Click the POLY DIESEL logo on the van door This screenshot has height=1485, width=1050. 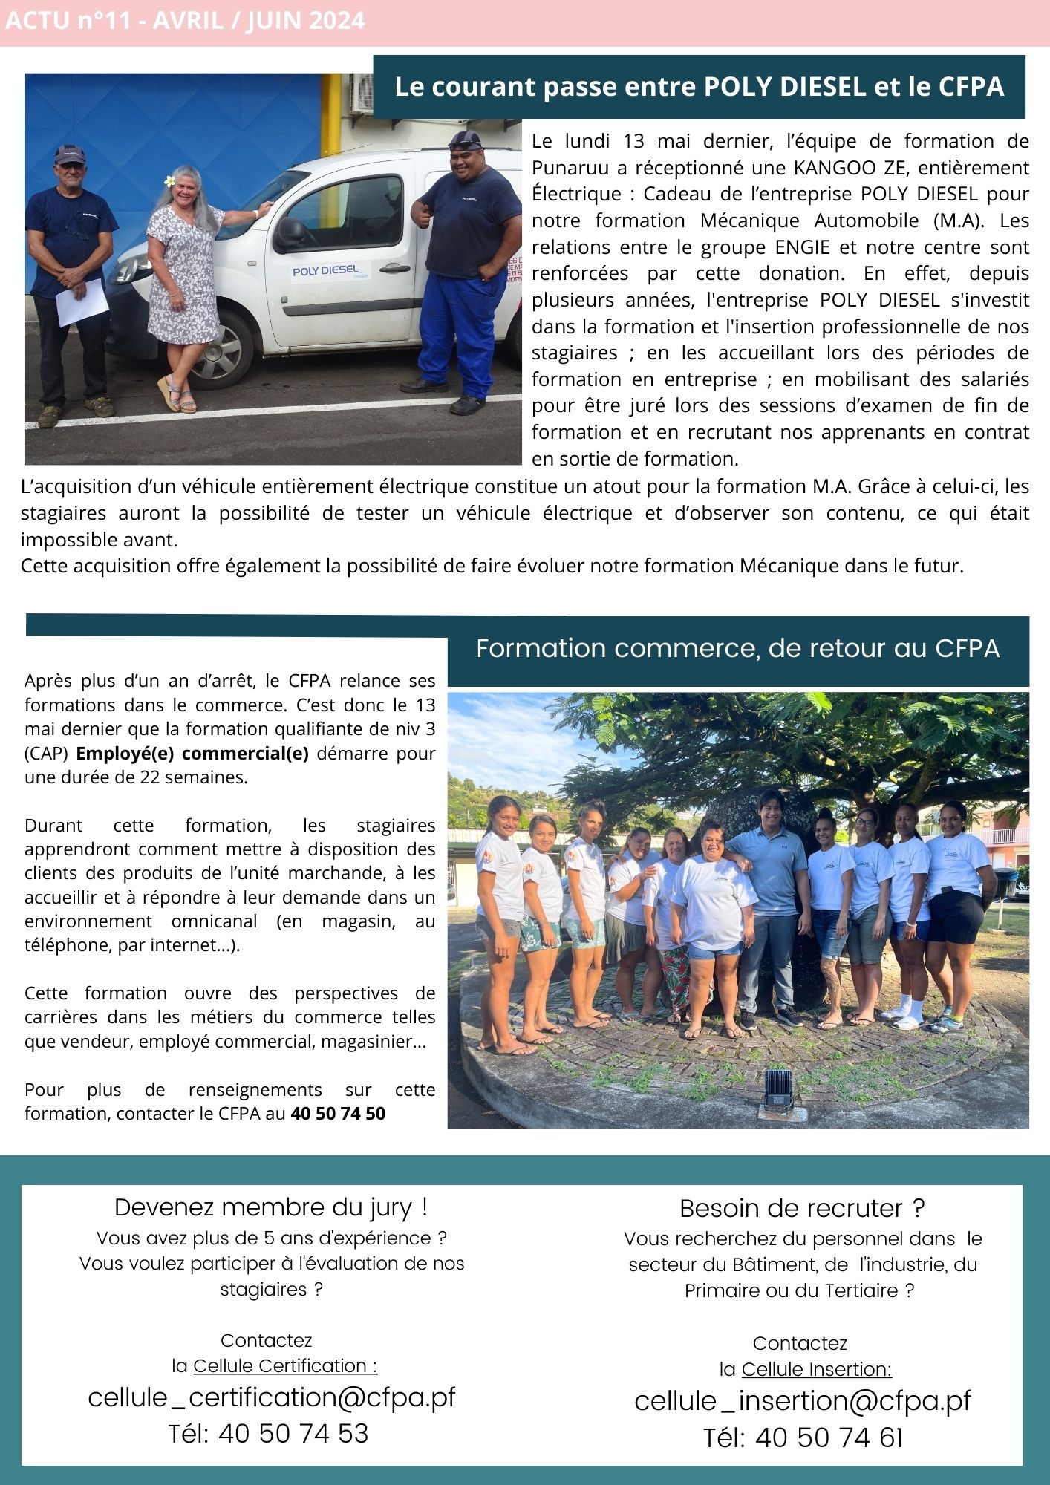pos(326,271)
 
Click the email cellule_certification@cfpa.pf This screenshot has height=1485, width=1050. pos(271,1397)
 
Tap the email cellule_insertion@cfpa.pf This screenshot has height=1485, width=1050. pos(803,1400)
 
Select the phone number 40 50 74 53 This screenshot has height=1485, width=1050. pos(293,1433)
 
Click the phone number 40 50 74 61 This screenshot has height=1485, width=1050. pos(829,1437)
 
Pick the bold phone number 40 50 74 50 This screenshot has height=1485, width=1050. pos(338,1113)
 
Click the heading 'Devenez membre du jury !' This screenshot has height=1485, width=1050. pos(271,1207)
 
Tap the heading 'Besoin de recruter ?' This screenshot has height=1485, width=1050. pos(802,1208)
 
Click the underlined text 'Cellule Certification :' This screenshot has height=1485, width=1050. pos(285,1365)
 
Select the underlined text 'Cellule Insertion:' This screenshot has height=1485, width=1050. pos(816,1368)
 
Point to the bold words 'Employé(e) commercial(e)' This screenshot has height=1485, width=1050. pos(192,753)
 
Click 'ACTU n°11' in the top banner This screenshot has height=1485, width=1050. pos(73,21)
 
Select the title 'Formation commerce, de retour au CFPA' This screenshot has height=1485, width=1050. pos(737,648)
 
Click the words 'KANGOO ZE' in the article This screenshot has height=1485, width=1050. pos(836,168)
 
